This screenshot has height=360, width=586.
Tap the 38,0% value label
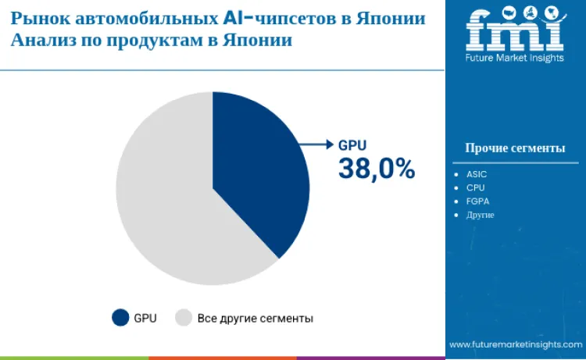point(376,168)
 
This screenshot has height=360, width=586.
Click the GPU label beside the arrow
point(352,144)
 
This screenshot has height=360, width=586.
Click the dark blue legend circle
point(120,317)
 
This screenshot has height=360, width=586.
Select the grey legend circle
point(184,317)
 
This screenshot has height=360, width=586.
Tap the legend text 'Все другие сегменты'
point(255,318)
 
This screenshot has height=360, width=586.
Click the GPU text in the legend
point(145,318)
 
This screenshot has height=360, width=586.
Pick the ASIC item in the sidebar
point(477,174)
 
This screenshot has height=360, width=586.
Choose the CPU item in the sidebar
point(476,187)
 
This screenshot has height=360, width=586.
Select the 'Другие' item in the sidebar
point(481,214)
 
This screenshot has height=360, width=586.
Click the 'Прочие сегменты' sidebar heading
point(515,148)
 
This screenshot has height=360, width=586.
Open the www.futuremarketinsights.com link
point(516,344)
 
